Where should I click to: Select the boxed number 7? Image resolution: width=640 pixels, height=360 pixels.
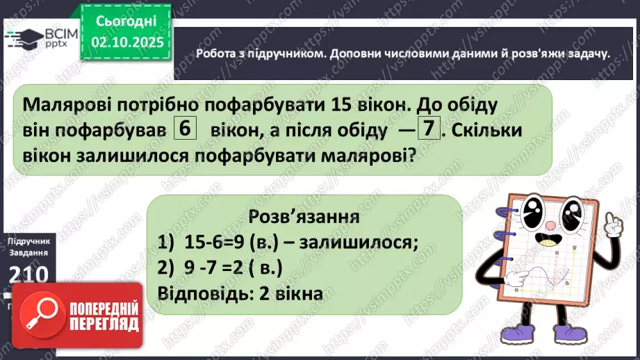click(431, 129)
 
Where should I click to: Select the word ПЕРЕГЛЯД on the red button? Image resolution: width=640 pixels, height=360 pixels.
click(106, 324)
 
